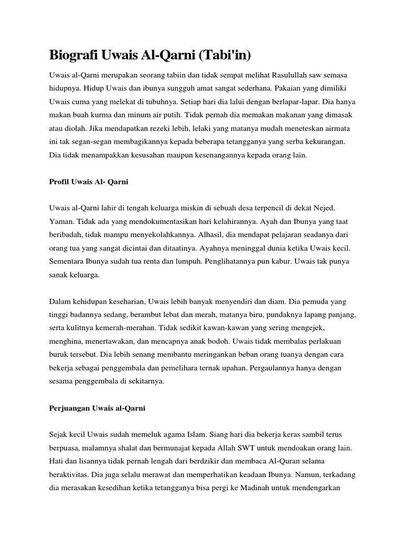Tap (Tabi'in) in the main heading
coord(220,55)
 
